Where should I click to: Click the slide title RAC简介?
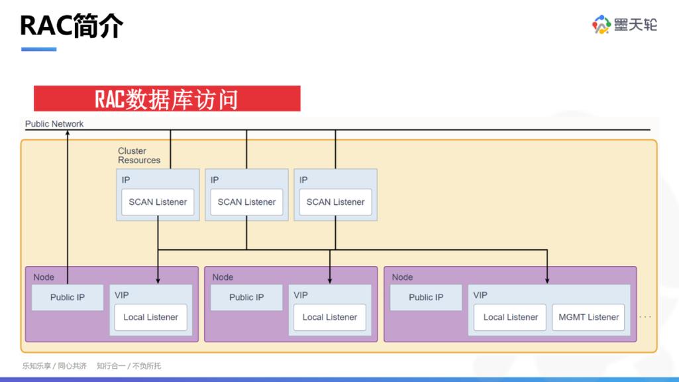tap(72, 26)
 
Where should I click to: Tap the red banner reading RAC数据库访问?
tap(167, 99)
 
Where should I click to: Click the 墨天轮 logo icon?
tap(601, 25)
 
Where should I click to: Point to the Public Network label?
tap(54, 124)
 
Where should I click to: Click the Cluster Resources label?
tap(139, 156)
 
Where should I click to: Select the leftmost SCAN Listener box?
tap(158, 202)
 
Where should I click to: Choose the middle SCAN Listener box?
tap(246, 202)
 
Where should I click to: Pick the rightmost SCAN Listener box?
tap(335, 202)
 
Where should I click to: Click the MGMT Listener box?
tap(588, 318)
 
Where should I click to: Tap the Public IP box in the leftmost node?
tap(68, 298)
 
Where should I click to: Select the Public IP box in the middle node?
tap(246, 298)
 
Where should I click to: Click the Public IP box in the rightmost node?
tap(426, 298)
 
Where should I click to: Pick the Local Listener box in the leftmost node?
tap(150, 318)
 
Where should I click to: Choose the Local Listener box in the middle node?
tap(329, 318)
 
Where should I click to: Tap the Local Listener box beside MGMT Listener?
tap(510, 318)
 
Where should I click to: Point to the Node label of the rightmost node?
tap(402, 277)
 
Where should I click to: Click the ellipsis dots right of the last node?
tap(645, 317)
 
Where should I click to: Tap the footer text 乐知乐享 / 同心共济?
tap(54, 366)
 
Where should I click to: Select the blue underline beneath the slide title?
tap(38, 49)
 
